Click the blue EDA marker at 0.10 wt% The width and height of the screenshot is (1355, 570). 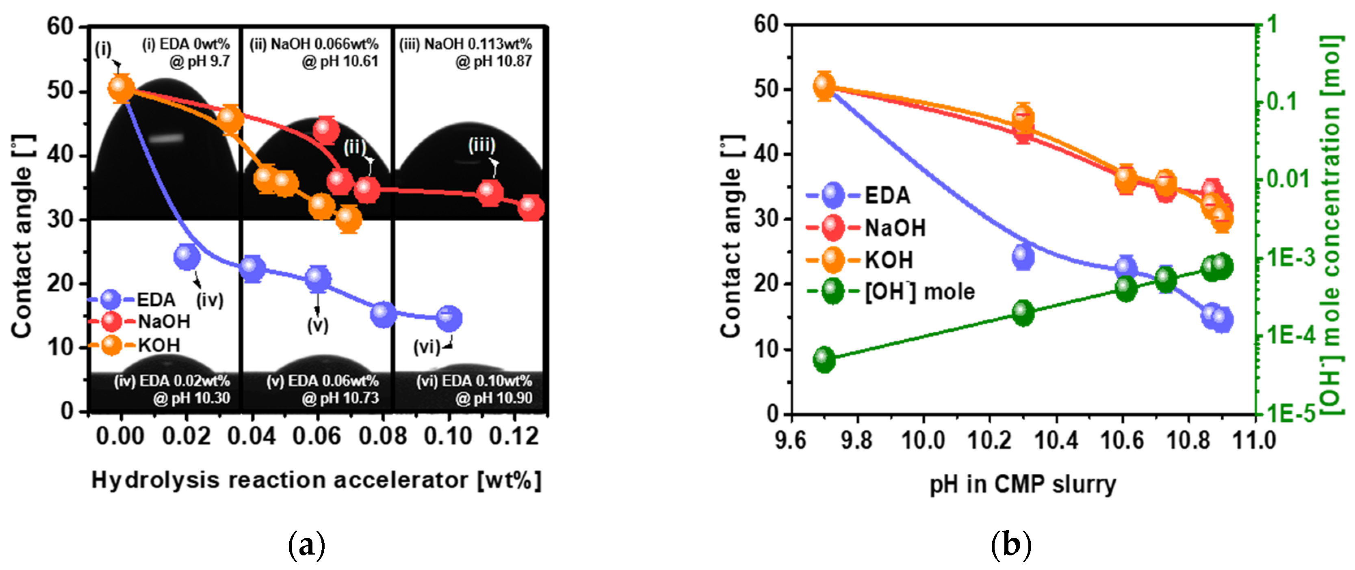coord(449,318)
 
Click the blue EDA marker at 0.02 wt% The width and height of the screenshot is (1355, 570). coord(187,256)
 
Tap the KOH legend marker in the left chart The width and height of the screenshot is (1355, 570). coord(111,345)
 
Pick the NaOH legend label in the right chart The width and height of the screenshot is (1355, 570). coord(895,228)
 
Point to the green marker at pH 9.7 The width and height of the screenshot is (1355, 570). coord(824,360)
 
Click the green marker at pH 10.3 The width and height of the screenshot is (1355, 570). coord(1023,313)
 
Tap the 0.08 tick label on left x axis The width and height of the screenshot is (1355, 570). coord(382,436)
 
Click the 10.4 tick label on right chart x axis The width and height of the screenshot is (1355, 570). coord(1056,440)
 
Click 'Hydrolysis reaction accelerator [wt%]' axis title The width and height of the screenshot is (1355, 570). coord(316,481)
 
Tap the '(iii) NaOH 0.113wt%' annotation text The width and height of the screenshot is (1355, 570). coord(466,44)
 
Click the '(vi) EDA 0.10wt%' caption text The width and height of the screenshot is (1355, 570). coord(474,381)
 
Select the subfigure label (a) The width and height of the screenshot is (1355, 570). coord(307,545)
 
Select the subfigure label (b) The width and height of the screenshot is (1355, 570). coord(1010,545)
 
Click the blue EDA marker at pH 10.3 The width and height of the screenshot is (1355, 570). coord(1023,257)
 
